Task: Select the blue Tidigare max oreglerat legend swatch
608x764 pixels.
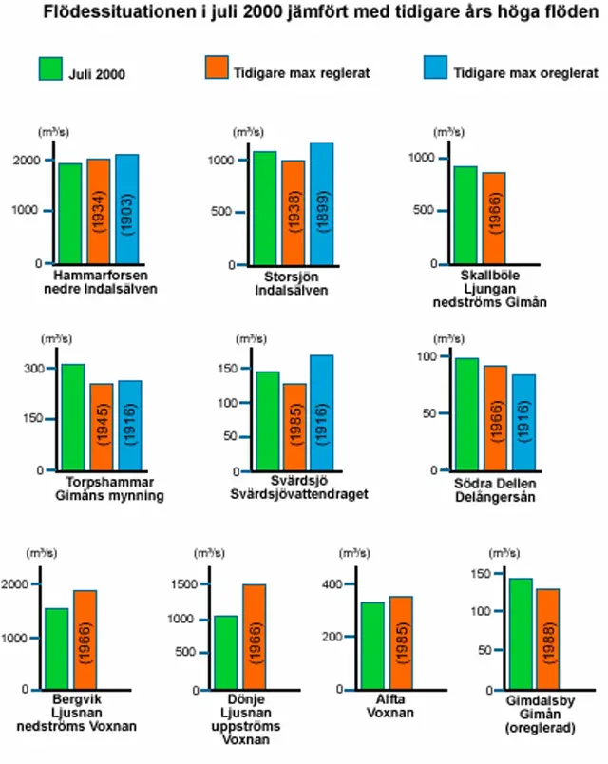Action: [435, 69]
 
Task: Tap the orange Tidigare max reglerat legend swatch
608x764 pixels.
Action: [218, 69]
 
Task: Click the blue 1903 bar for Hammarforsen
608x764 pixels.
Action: [127, 209]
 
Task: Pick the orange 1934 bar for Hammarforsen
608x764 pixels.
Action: [99, 211]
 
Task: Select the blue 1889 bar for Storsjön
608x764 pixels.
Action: [322, 203]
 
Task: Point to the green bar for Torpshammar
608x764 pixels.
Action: [74, 417]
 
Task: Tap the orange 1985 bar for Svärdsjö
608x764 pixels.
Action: [294, 427]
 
